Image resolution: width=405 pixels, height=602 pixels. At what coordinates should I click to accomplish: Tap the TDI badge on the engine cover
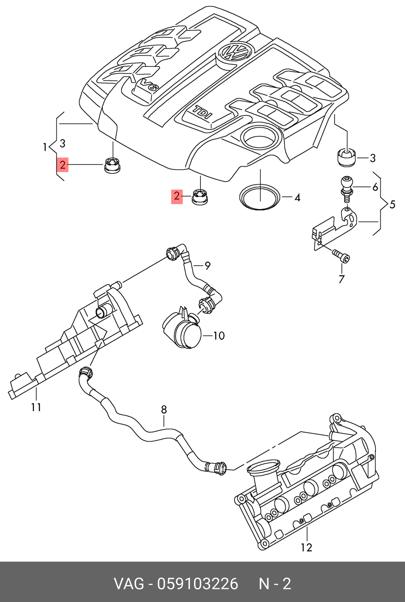tap(202, 112)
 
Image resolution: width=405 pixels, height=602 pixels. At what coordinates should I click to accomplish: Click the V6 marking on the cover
tap(148, 85)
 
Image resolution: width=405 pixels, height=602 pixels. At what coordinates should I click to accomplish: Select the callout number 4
tap(297, 198)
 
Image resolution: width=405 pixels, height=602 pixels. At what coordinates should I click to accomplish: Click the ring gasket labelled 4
tap(260, 198)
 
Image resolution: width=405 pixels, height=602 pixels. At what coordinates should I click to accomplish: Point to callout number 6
tap(375, 187)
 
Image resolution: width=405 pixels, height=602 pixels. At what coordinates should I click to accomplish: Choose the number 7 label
tap(341, 279)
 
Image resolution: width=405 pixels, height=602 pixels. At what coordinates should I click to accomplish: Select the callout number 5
tap(392, 205)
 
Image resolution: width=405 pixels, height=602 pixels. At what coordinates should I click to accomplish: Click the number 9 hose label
tap(207, 266)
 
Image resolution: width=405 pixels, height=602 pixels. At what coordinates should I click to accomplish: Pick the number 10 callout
tap(219, 335)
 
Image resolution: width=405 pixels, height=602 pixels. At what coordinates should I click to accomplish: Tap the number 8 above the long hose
tap(164, 410)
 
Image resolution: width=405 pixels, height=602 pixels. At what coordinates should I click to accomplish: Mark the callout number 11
tap(36, 407)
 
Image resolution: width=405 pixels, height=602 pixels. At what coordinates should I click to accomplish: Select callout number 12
tap(307, 547)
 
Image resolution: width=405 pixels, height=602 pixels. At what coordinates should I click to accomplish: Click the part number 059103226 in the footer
tap(198, 584)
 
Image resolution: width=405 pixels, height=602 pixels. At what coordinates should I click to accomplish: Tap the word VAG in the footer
tap(128, 584)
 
